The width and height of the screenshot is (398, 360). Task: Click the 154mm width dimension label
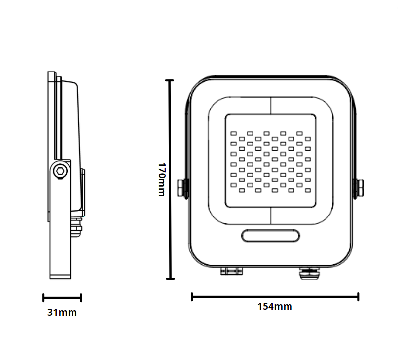pos(275,306)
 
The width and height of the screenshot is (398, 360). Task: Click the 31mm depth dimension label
pos(62,312)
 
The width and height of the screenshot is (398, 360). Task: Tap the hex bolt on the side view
pos(60,171)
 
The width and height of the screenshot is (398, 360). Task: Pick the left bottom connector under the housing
pos(231,271)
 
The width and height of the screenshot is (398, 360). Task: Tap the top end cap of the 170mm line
pos(170,80)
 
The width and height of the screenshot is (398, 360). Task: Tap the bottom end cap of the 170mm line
pos(170,279)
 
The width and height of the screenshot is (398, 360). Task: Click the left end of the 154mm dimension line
pos(192,296)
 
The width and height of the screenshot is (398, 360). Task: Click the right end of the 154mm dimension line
pos(358,296)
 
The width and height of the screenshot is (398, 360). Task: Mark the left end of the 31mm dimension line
pos(44,298)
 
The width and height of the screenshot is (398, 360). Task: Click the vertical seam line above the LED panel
pos(271,106)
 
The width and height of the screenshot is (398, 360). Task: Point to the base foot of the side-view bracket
pos(62,276)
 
